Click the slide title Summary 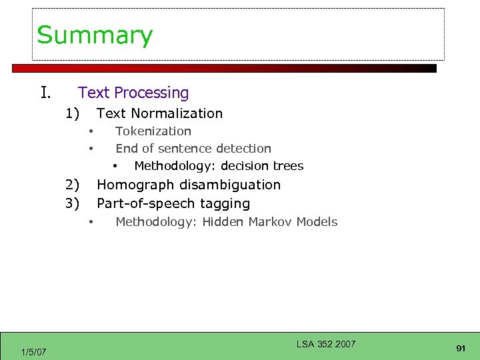click(95, 35)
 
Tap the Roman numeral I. click(45, 92)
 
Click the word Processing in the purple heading click(151, 93)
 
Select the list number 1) click(73, 113)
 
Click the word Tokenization click(153, 131)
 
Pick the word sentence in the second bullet click(178, 149)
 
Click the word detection click(241, 149)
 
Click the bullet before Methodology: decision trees click(115, 166)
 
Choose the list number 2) click(73, 185)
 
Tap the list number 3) click(73, 203)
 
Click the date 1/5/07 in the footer click(33, 351)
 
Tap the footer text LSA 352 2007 click(326, 344)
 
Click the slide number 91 click(461, 348)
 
